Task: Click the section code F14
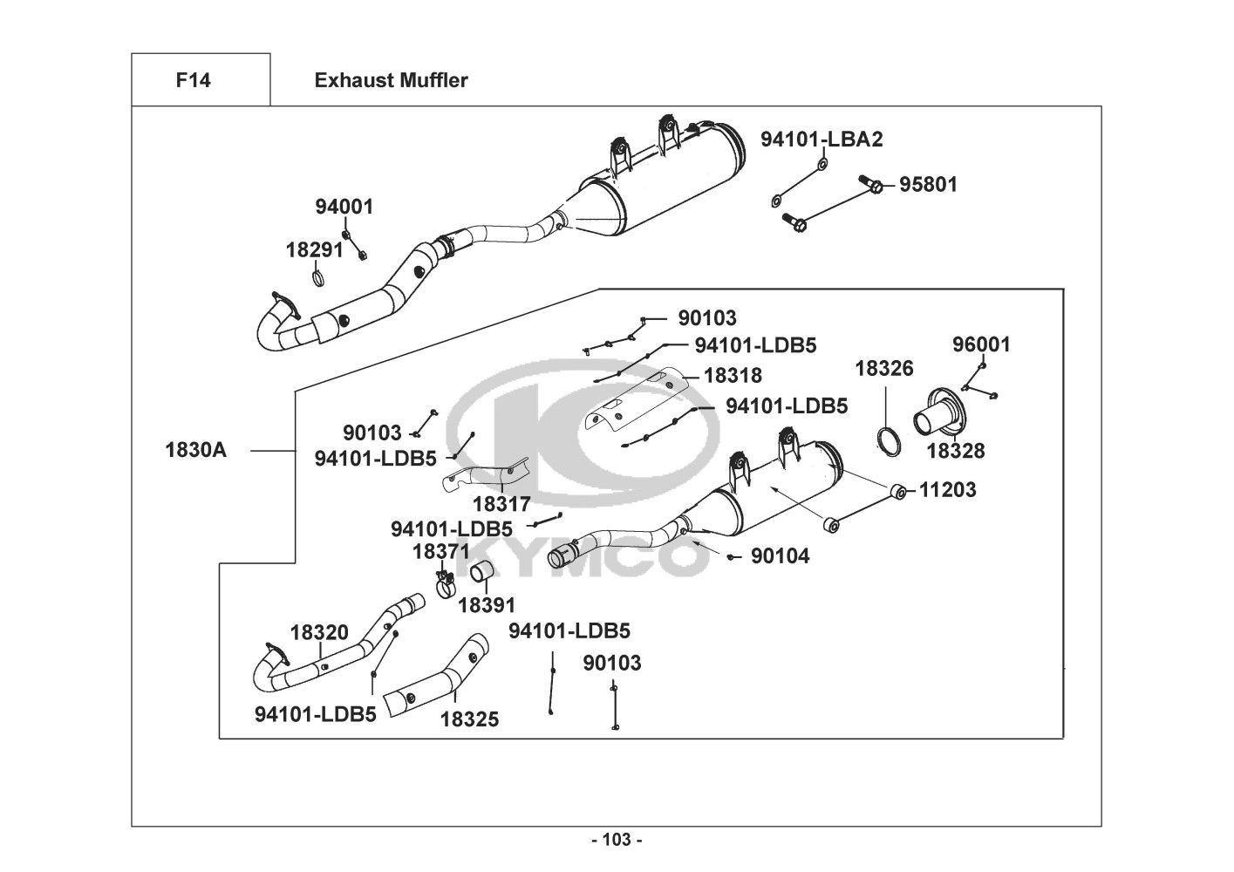193,81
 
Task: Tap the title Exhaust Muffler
391,81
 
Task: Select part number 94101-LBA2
822,140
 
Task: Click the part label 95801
928,185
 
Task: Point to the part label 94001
344,208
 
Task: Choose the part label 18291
314,250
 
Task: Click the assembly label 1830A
195,451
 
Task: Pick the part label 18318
733,376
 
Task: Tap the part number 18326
883,369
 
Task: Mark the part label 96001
981,345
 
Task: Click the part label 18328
955,451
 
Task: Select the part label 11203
947,490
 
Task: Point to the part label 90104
780,556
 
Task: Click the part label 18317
501,505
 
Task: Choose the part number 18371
440,552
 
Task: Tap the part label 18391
487,605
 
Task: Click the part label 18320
319,633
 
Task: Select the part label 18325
469,719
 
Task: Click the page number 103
617,841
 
